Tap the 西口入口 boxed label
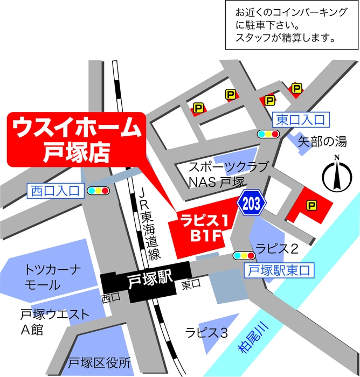point(56,190)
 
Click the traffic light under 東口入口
point(268,134)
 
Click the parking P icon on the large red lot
point(311,205)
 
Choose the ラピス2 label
point(277,248)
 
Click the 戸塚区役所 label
point(99,362)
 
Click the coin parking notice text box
point(292,25)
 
